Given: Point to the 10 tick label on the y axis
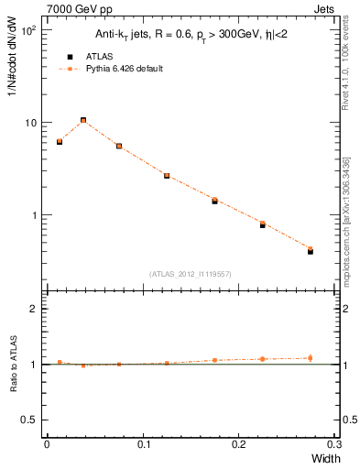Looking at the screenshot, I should click(30, 123).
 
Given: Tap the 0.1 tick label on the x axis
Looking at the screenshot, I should click(143, 445).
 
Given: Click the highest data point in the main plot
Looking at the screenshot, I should click(83, 120).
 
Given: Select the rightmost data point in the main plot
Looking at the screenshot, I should click(311, 250).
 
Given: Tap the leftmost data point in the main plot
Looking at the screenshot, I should click(60, 142).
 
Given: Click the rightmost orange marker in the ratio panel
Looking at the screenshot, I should click(311, 358).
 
